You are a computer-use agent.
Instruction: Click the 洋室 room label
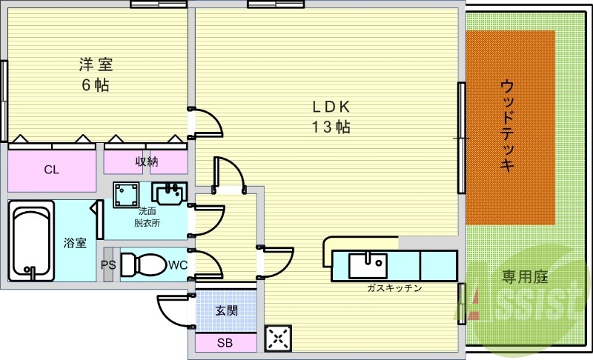(x=96, y=64)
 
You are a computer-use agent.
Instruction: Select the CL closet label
(x=51, y=170)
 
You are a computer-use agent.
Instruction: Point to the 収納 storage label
(x=145, y=161)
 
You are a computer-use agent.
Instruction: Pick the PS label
(x=107, y=264)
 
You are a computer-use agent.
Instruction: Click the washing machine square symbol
(x=127, y=195)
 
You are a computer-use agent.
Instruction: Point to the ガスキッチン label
(x=394, y=288)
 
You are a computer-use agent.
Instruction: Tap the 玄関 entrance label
(x=226, y=310)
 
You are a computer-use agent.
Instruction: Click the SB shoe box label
(x=225, y=343)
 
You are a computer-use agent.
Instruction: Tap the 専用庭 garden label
(x=524, y=278)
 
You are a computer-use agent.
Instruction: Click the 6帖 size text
(x=96, y=84)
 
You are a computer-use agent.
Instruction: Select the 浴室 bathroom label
(x=75, y=242)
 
